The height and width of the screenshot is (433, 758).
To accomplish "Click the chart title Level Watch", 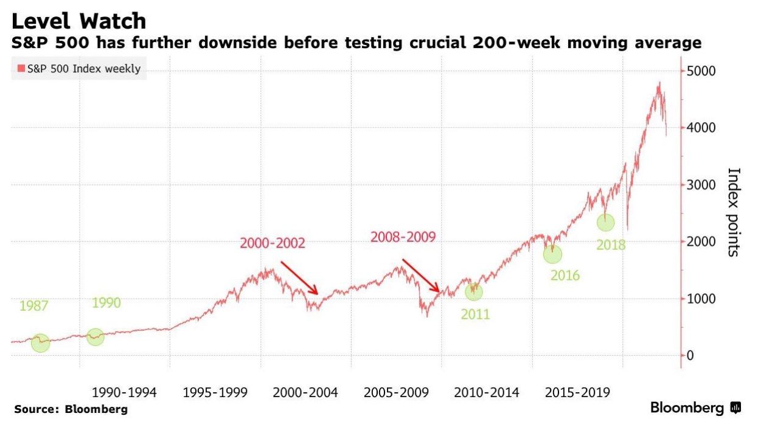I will point(78,21).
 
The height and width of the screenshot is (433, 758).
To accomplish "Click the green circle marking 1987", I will point(40,343).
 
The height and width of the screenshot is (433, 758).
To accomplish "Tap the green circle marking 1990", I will point(96,336).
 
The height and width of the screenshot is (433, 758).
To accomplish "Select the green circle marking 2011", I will point(474,292).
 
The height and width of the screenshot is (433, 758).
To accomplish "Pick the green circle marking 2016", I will point(552,254).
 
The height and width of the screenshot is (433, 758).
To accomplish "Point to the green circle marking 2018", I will point(606,223).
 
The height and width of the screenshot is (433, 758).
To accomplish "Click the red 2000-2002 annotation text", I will point(273,244).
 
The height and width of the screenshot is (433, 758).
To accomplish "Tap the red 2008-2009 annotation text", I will point(403,237).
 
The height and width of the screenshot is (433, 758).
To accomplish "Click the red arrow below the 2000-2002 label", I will point(299,279).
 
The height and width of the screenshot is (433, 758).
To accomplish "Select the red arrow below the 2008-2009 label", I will point(420,276).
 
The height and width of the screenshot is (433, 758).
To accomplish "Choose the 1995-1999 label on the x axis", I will point(215,393).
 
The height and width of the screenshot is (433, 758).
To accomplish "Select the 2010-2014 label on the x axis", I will point(487,393).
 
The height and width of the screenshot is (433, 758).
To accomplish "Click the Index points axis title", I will point(733,212).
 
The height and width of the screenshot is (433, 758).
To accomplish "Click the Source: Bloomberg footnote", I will point(71,409).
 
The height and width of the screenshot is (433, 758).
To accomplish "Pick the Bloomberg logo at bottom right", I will point(695,408).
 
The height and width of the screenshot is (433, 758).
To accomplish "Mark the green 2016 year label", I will point(565,275).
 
